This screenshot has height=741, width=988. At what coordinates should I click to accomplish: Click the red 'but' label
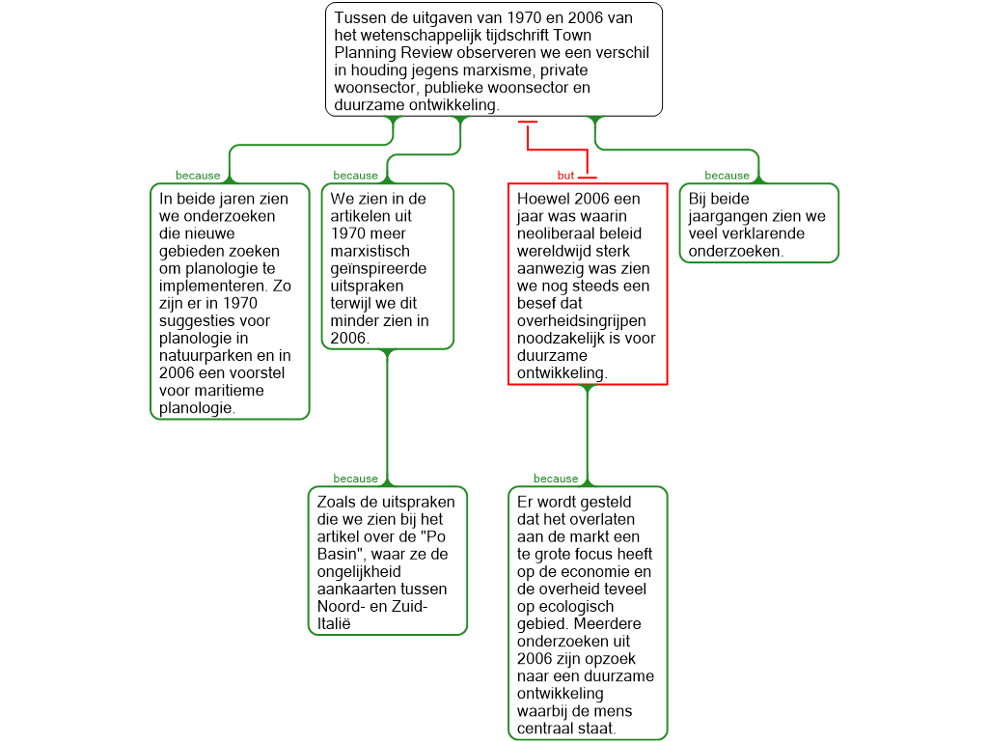pos(565,176)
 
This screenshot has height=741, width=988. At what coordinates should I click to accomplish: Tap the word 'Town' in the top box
pos(573,36)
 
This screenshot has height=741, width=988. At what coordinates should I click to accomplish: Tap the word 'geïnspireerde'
pos(378,268)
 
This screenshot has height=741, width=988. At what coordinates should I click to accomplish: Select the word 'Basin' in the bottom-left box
pos(337,555)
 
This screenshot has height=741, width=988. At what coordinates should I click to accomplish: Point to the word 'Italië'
pos(334,624)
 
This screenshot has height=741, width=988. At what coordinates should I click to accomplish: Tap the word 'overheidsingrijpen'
pos(581,320)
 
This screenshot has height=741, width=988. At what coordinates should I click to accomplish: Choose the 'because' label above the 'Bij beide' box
pos(727,176)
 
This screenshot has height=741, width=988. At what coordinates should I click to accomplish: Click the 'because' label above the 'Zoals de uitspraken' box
pos(355,479)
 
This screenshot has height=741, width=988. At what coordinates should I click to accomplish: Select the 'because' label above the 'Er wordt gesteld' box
pos(556,479)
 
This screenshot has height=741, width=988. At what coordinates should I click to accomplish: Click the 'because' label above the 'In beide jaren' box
pos(198,176)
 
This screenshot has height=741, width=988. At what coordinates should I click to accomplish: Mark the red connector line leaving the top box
pos(558,150)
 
